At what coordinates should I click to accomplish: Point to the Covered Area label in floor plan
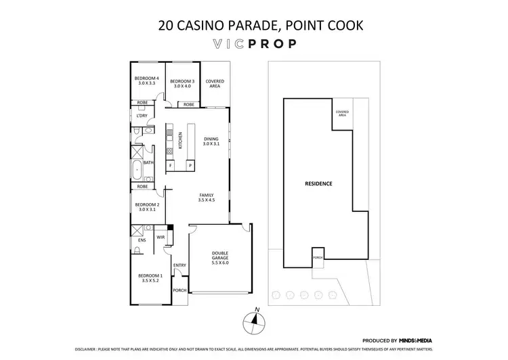pos(215,84)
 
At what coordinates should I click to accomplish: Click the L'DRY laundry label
pos(142,116)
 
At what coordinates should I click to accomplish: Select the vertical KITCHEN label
pos(180,139)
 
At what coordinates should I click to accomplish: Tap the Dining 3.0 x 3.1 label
pos(212,141)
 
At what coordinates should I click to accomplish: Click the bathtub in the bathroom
pos(136,168)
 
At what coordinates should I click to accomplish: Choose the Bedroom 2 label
pos(147,208)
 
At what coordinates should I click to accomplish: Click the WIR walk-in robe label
pos(161,238)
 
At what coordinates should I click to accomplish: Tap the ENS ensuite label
pos(142,240)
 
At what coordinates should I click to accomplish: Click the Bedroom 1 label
pos(150,278)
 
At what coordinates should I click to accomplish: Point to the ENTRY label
pos(179,265)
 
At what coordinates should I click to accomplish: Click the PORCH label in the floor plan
pos(179,290)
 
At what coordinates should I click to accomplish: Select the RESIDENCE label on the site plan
pos(318,183)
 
